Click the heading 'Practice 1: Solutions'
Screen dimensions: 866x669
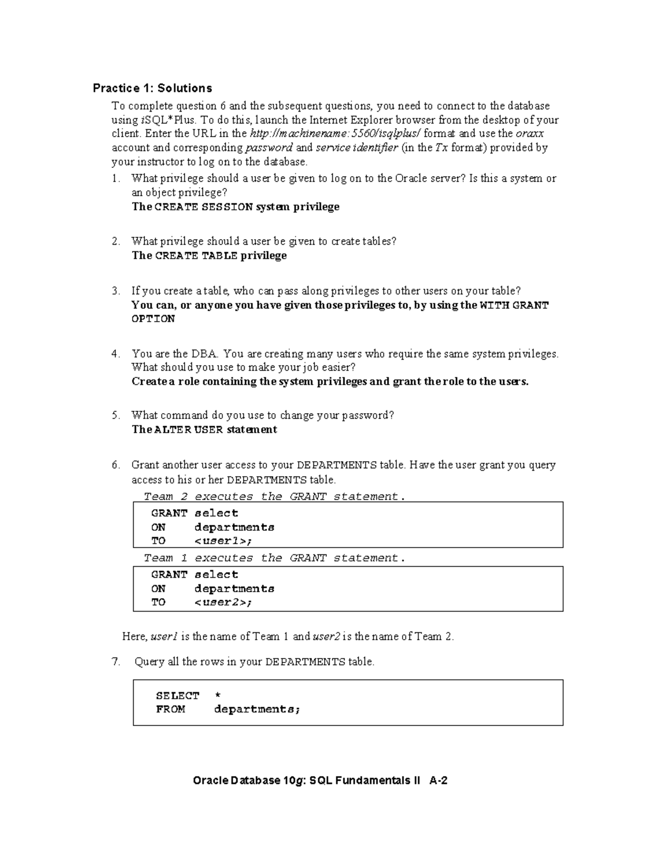click(152, 88)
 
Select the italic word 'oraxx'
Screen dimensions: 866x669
click(530, 133)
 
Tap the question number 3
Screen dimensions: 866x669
click(115, 291)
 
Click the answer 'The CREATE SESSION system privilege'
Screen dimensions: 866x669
click(235, 207)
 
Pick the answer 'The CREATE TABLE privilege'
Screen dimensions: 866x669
click(209, 255)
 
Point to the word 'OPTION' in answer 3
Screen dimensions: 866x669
click(153, 319)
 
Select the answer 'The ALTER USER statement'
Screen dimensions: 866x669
click(204, 429)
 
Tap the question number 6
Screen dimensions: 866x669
click(115, 465)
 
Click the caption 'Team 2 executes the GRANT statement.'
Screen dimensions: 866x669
click(274, 496)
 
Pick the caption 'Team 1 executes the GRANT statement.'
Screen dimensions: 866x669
click(274, 558)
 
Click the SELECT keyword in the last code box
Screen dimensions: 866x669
click(177, 695)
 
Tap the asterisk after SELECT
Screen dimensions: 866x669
click(217, 695)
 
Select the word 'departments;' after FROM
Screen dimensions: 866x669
click(257, 709)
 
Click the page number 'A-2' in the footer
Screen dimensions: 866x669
click(438, 781)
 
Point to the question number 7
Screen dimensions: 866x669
click(116, 662)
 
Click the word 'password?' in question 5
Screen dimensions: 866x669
click(368, 415)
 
